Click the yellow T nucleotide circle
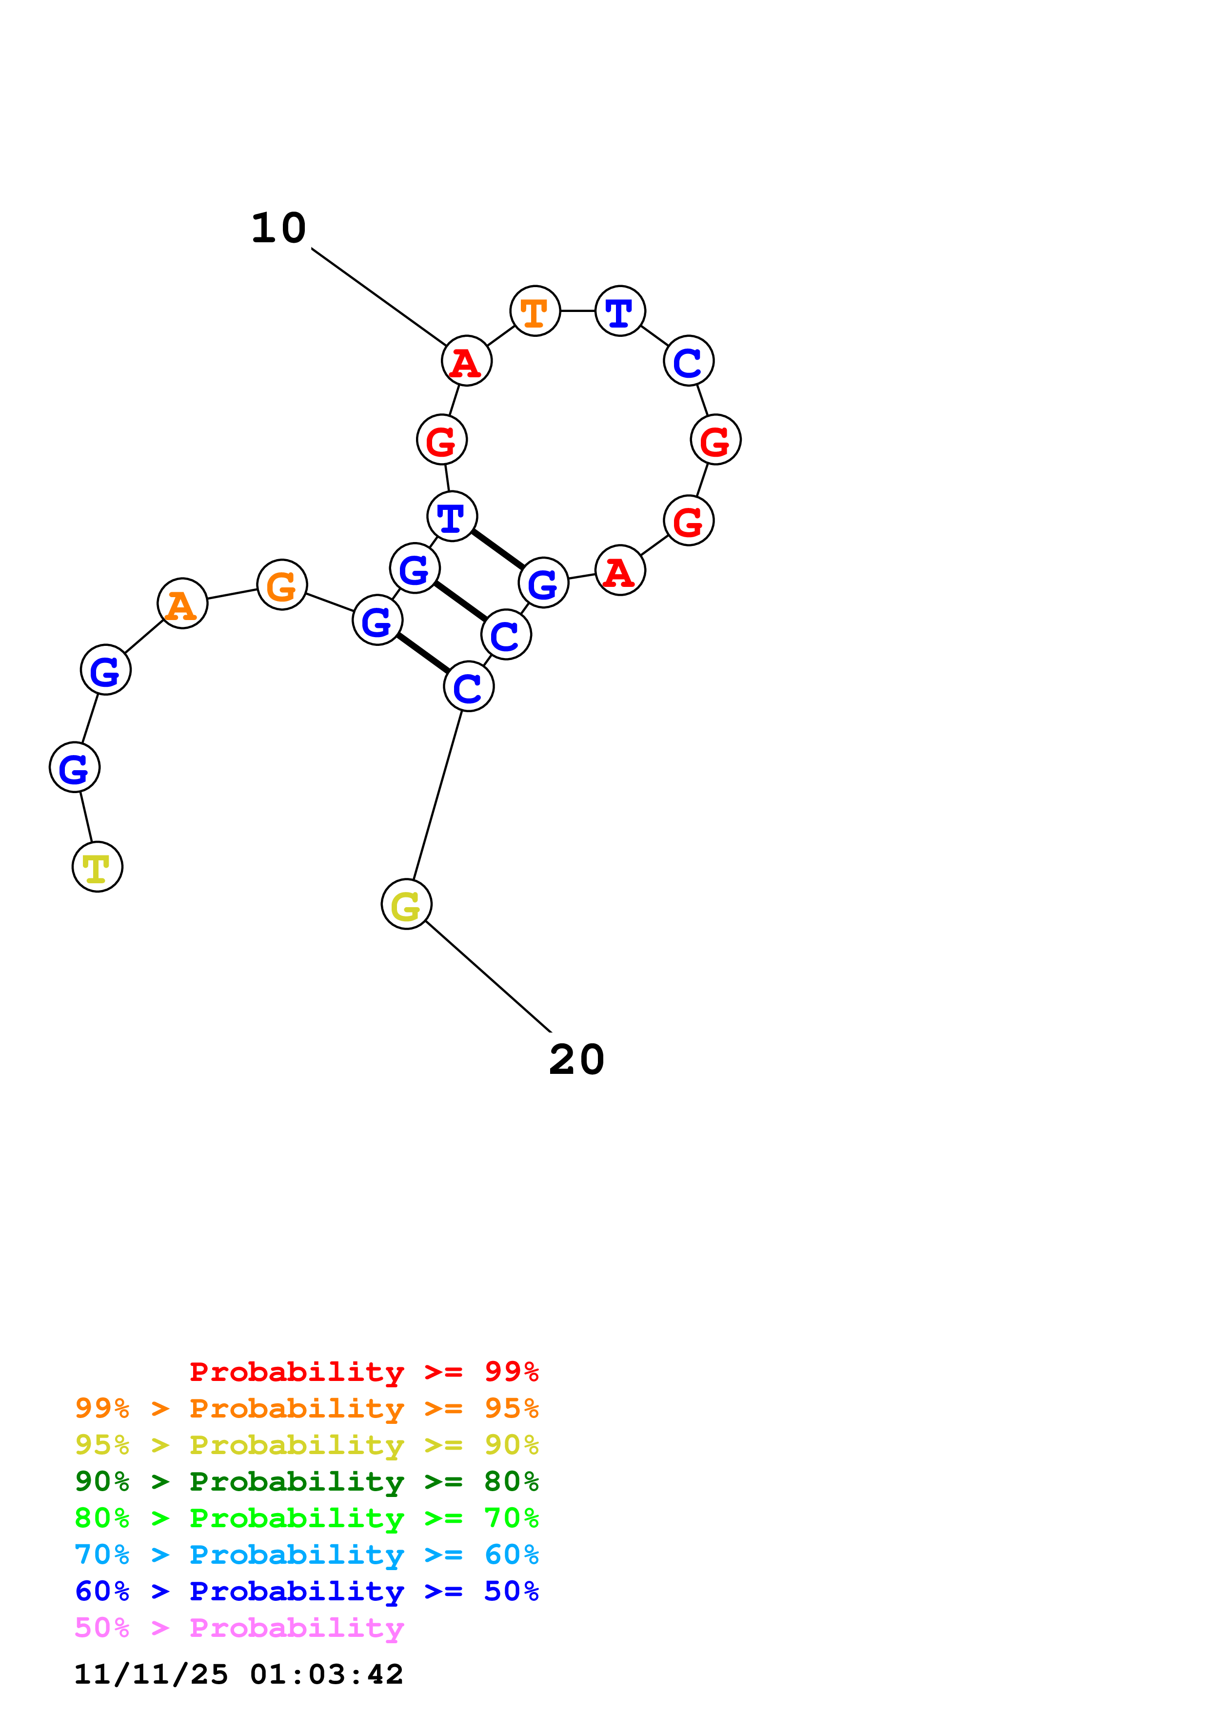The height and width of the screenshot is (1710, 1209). (98, 867)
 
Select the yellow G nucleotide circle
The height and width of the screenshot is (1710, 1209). (406, 905)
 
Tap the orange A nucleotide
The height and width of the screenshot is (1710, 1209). (182, 603)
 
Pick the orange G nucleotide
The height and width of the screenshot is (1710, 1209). (281, 584)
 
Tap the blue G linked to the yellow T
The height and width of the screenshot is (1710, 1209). (75, 767)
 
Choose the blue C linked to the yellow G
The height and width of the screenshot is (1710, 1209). (469, 686)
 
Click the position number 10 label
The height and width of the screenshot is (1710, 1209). (278, 228)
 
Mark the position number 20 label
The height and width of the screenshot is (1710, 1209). (576, 1059)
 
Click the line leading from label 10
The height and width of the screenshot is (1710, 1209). (378, 296)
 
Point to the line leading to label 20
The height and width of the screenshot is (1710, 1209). (488, 976)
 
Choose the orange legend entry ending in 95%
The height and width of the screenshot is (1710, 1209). (306, 1408)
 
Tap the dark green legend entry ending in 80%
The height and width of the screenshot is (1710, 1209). (306, 1481)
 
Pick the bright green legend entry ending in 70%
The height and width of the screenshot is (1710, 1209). (306, 1518)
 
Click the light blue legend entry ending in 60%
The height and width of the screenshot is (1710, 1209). (306, 1555)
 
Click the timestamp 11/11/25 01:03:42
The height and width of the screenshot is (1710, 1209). (238, 1674)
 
